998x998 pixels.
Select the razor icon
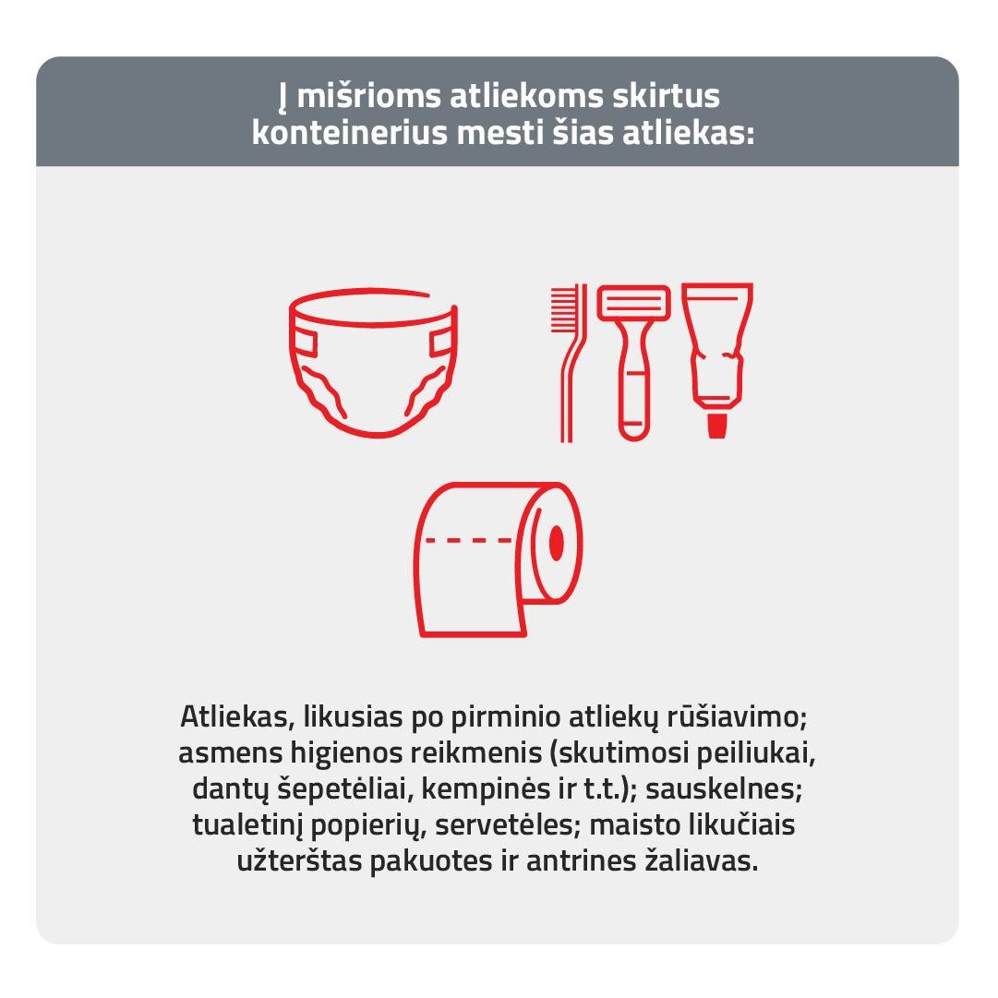(634, 363)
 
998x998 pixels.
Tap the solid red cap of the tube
(717, 426)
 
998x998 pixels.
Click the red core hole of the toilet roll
(557, 543)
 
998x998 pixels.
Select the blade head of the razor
(634, 302)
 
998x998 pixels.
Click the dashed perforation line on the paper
(469, 540)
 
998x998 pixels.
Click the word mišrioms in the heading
(369, 97)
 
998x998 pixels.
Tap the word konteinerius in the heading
(349, 134)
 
